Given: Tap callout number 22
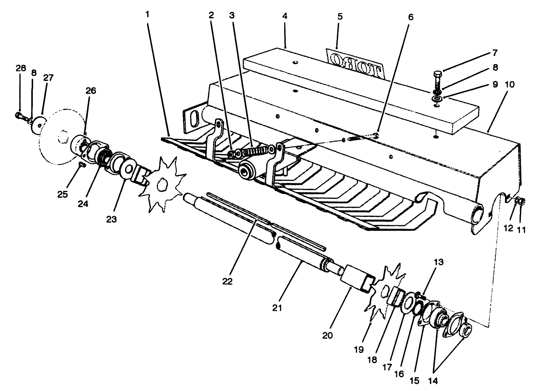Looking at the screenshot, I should point(228,281).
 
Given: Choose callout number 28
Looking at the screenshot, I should point(21,68).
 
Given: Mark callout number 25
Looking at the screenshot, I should point(63,194).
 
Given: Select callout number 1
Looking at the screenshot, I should point(148,15).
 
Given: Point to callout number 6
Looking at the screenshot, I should point(410,17).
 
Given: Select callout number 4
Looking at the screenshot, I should point(285,16).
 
